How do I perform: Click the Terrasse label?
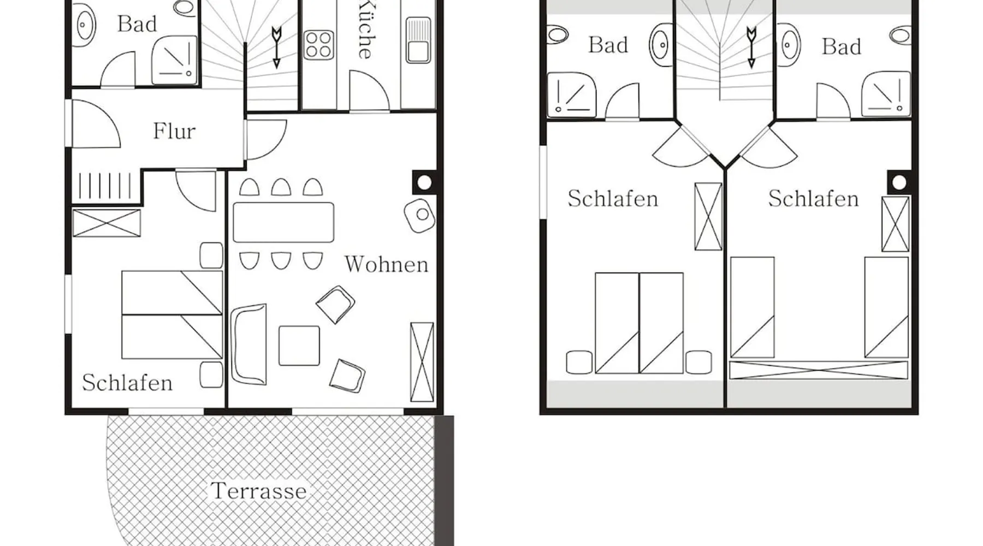258,491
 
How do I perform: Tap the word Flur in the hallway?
174,131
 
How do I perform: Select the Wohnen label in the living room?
386,264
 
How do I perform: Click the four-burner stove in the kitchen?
319,45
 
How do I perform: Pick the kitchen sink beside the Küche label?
418,40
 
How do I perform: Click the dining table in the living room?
283,222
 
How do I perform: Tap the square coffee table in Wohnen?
299,346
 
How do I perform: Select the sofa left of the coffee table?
248,345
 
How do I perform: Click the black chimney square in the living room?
424,182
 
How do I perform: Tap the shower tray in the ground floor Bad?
174,60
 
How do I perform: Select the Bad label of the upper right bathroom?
842,47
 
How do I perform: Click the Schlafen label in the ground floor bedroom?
127,383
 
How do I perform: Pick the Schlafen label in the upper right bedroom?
814,199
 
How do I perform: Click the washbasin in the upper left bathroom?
661,45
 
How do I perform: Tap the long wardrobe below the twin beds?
819,370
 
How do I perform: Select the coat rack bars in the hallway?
105,186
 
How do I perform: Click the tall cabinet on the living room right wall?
422,362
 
